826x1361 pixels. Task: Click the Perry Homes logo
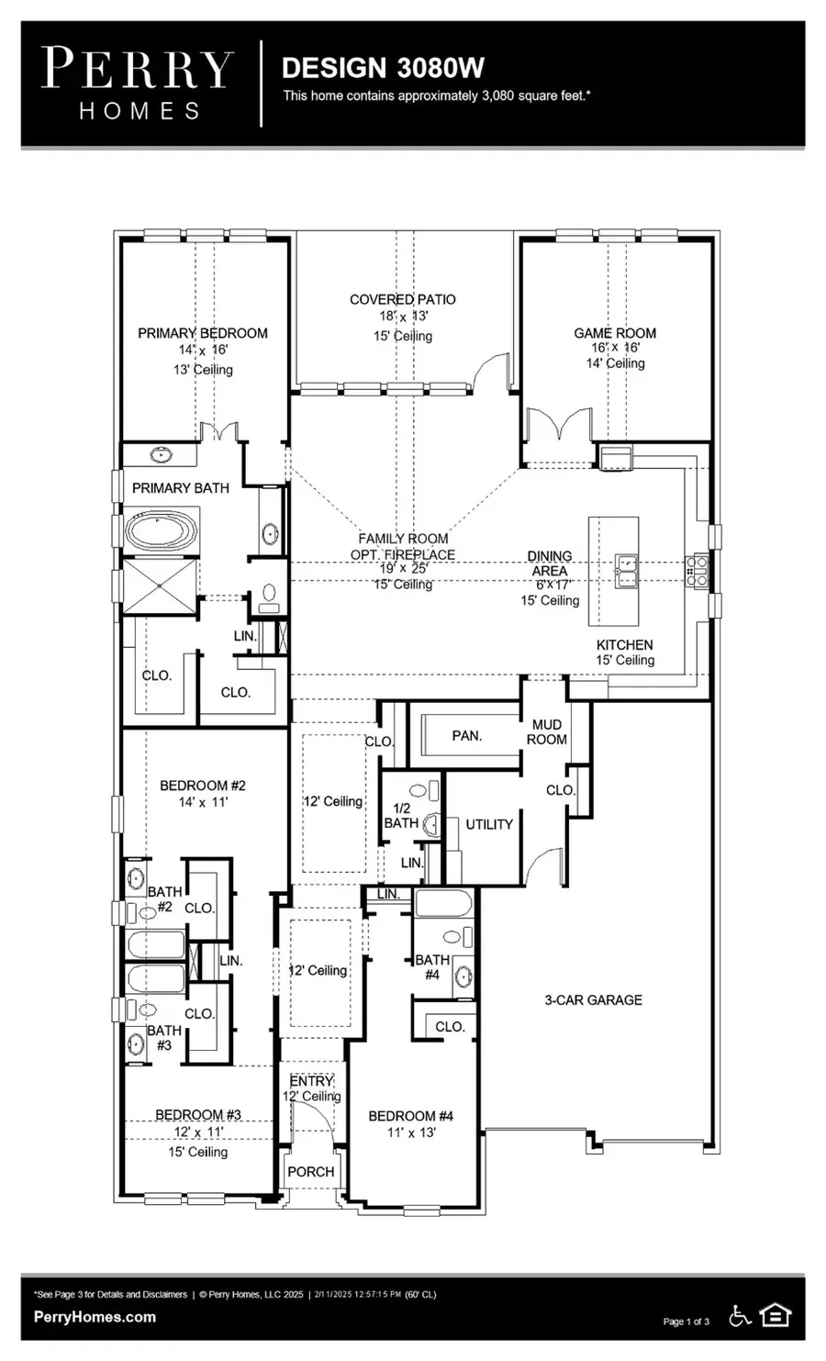tap(138, 84)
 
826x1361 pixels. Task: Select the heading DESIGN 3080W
tap(383, 68)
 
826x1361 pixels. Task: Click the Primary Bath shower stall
tap(160, 586)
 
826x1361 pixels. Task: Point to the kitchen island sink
tap(626, 571)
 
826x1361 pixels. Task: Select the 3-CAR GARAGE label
tap(593, 999)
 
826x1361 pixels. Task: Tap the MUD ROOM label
tap(546, 731)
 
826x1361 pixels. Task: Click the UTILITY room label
tap(488, 824)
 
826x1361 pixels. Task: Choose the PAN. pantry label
tap(467, 735)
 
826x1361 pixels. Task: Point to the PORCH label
tap(310, 1171)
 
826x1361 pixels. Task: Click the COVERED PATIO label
tap(402, 299)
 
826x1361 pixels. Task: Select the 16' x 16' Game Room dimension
tap(615, 347)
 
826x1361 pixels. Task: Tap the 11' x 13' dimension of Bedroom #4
tap(411, 1132)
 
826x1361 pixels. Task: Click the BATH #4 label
tap(432, 966)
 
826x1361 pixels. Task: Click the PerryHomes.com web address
tap(95, 1317)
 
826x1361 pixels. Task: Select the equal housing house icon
tap(775, 1315)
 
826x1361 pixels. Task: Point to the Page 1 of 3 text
tap(686, 1321)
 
